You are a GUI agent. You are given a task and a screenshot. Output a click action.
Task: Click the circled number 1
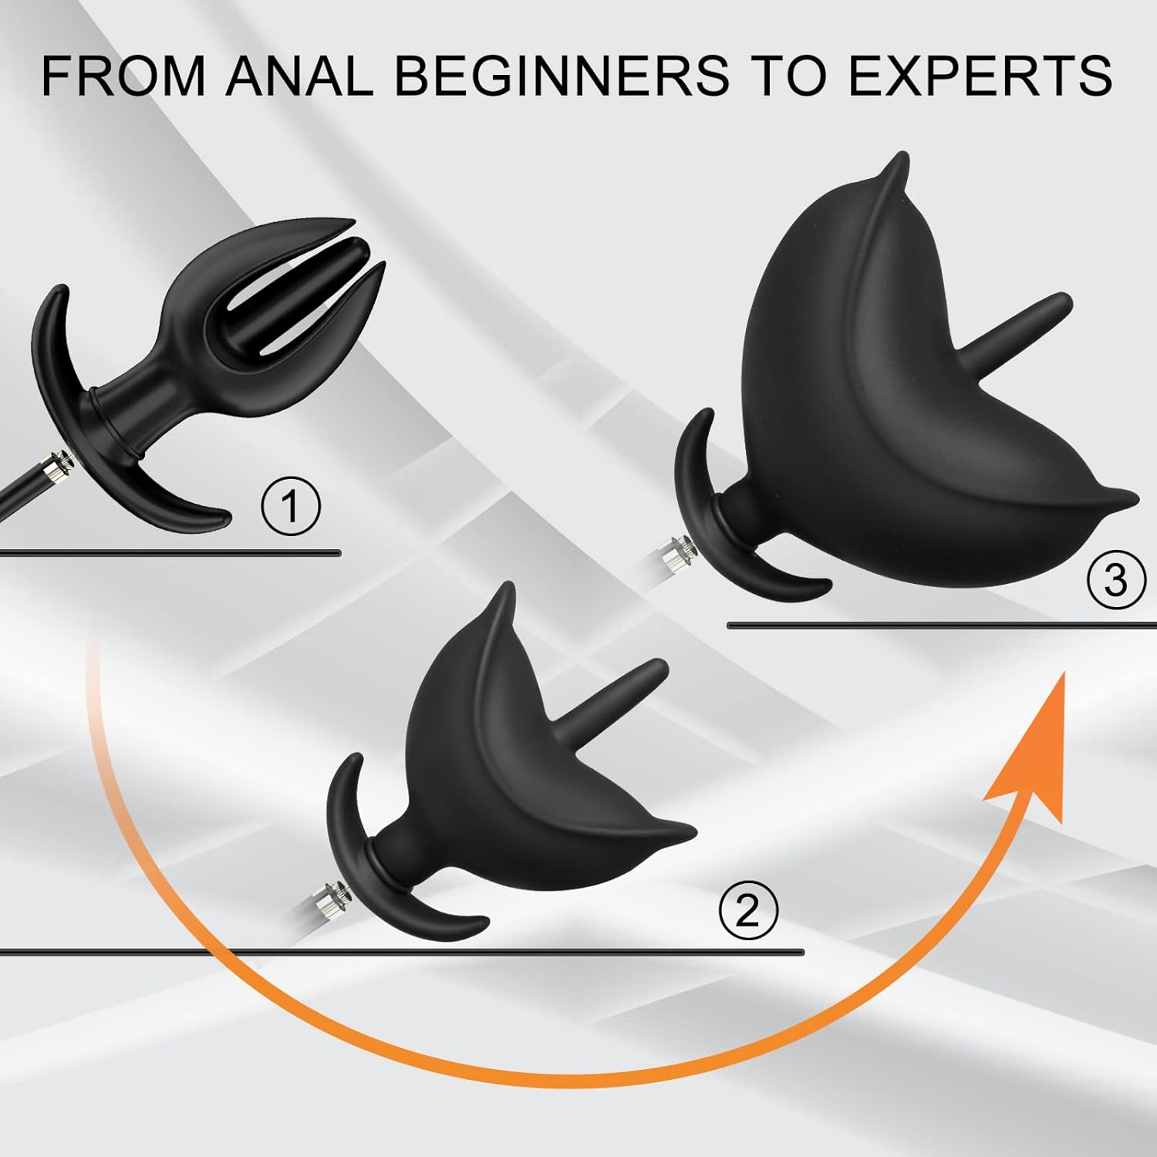point(290,508)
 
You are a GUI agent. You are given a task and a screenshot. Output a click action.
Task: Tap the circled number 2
point(747,912)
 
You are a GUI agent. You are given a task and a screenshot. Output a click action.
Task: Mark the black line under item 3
point(942,625)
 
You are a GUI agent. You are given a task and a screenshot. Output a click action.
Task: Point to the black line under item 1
point(170,552)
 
